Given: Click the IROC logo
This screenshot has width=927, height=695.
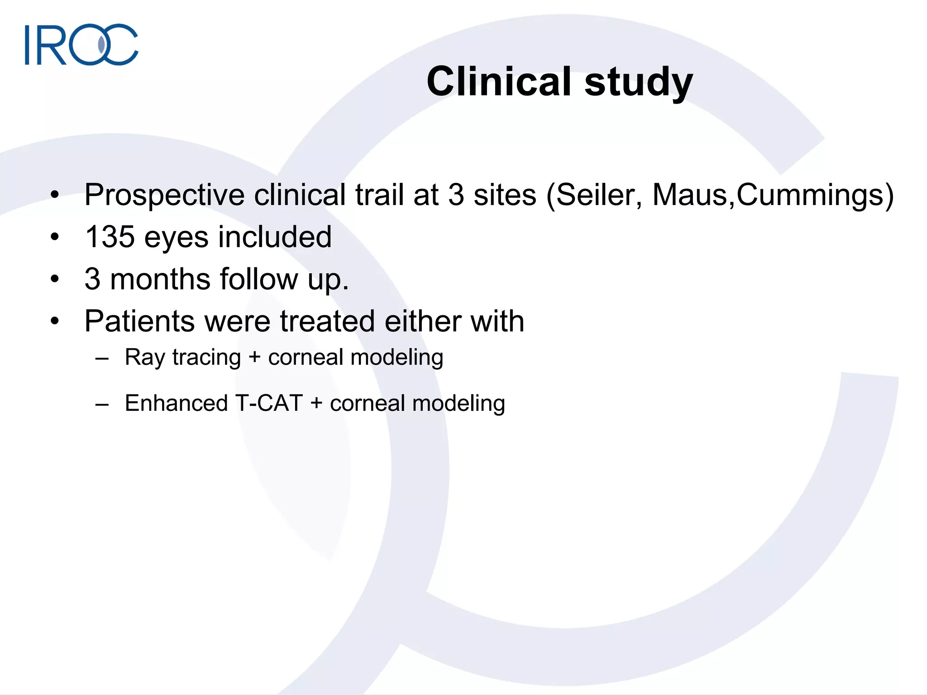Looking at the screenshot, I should click(81, 44).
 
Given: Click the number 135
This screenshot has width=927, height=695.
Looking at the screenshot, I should click(110, 237).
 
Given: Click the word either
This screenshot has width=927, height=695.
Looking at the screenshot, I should click(422, 321).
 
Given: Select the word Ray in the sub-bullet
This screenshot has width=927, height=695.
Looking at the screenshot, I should click(145, 357).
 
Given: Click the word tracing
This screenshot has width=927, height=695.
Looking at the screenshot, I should click(206, 357).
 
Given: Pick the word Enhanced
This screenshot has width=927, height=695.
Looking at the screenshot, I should click(176, 403).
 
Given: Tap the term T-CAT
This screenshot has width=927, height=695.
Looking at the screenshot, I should click(269, 403).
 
